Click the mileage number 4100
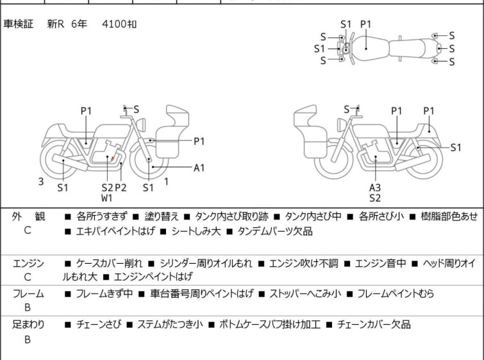(x=114, y=24)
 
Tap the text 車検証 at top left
(x=18, y=24)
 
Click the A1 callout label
(x=199, y=167)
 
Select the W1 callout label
(x=107, y=198)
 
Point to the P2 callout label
(x=121, y=187)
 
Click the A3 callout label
(x=375, y=187)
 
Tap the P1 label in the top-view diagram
(x=366, y=24)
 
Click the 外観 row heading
(x=28, y=216)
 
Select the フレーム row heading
(x=28, y=293)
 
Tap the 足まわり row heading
(x=28, y=325)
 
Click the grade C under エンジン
(x=28, y=277)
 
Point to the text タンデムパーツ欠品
(x=275, y=231)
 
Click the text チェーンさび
(x=99, y=325)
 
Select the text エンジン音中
(x=380, y=263)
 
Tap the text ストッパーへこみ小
(x=305, y=293)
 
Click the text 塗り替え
(x=162, y=216)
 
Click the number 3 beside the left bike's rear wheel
(x=41, y=182)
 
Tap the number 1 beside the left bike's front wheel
(x=167, y=182)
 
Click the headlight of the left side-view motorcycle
(x=141, y=124)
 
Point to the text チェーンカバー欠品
(x=374, y=325)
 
